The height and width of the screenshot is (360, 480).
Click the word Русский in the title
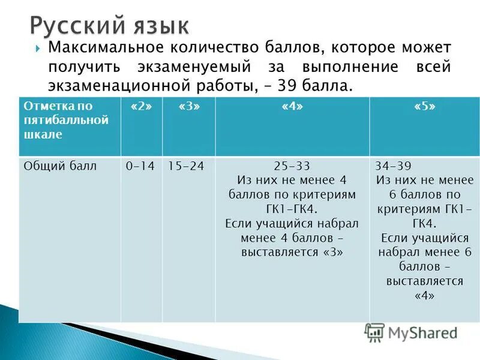pyautogui.click(x=75, y=26)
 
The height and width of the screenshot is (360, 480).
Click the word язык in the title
pyautogui.click(x=158, y=27)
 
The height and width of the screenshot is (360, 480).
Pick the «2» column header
pyautogui.click(x=138, y=106)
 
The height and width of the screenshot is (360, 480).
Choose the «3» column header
pyautogui.click(x=188, y=106)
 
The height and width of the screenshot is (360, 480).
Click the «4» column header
pyautogui.click(x=292, y=106)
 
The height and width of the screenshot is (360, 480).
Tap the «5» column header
pyautogui.click(x=424, y=106)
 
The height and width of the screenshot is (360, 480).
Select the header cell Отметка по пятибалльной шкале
pyautogui.click(x=67, y=120)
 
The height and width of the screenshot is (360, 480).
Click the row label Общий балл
pyautogui.click(x=60, y=166)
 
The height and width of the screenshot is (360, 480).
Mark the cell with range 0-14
pyautogui.click(x=138, y=166)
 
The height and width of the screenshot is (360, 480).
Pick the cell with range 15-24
pyautogui.click(x=186, y=166)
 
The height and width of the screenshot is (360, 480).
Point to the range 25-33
pyautogui.click(x=292, y=166)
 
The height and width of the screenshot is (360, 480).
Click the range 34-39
pyautogui.click(x=393, y=166)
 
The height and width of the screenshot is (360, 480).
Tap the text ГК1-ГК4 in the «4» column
pyautogui.click(x=292, y=209)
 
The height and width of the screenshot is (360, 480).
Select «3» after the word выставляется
pyautogui.click(x=333, y=252)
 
